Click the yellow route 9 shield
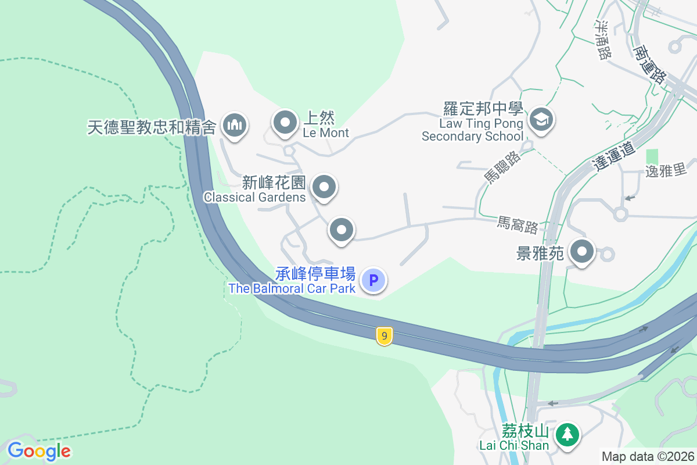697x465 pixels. click(383, 336)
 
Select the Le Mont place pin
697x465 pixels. click(285, 123)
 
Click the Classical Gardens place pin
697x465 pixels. click(324, 188)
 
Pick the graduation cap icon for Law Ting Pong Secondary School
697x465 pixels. click(541, 120)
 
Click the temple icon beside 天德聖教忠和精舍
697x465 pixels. click(235, 124)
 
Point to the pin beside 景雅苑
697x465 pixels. click(582, 253)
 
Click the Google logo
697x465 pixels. click(39, 450)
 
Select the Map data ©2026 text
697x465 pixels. click(648, 456)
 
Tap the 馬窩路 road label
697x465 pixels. click(518, 224)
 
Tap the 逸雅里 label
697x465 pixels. click(666, 171)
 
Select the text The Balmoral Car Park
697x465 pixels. click(292, 288)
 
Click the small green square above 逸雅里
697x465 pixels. click(652, 156)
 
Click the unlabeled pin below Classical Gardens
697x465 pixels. click(342, 230)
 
